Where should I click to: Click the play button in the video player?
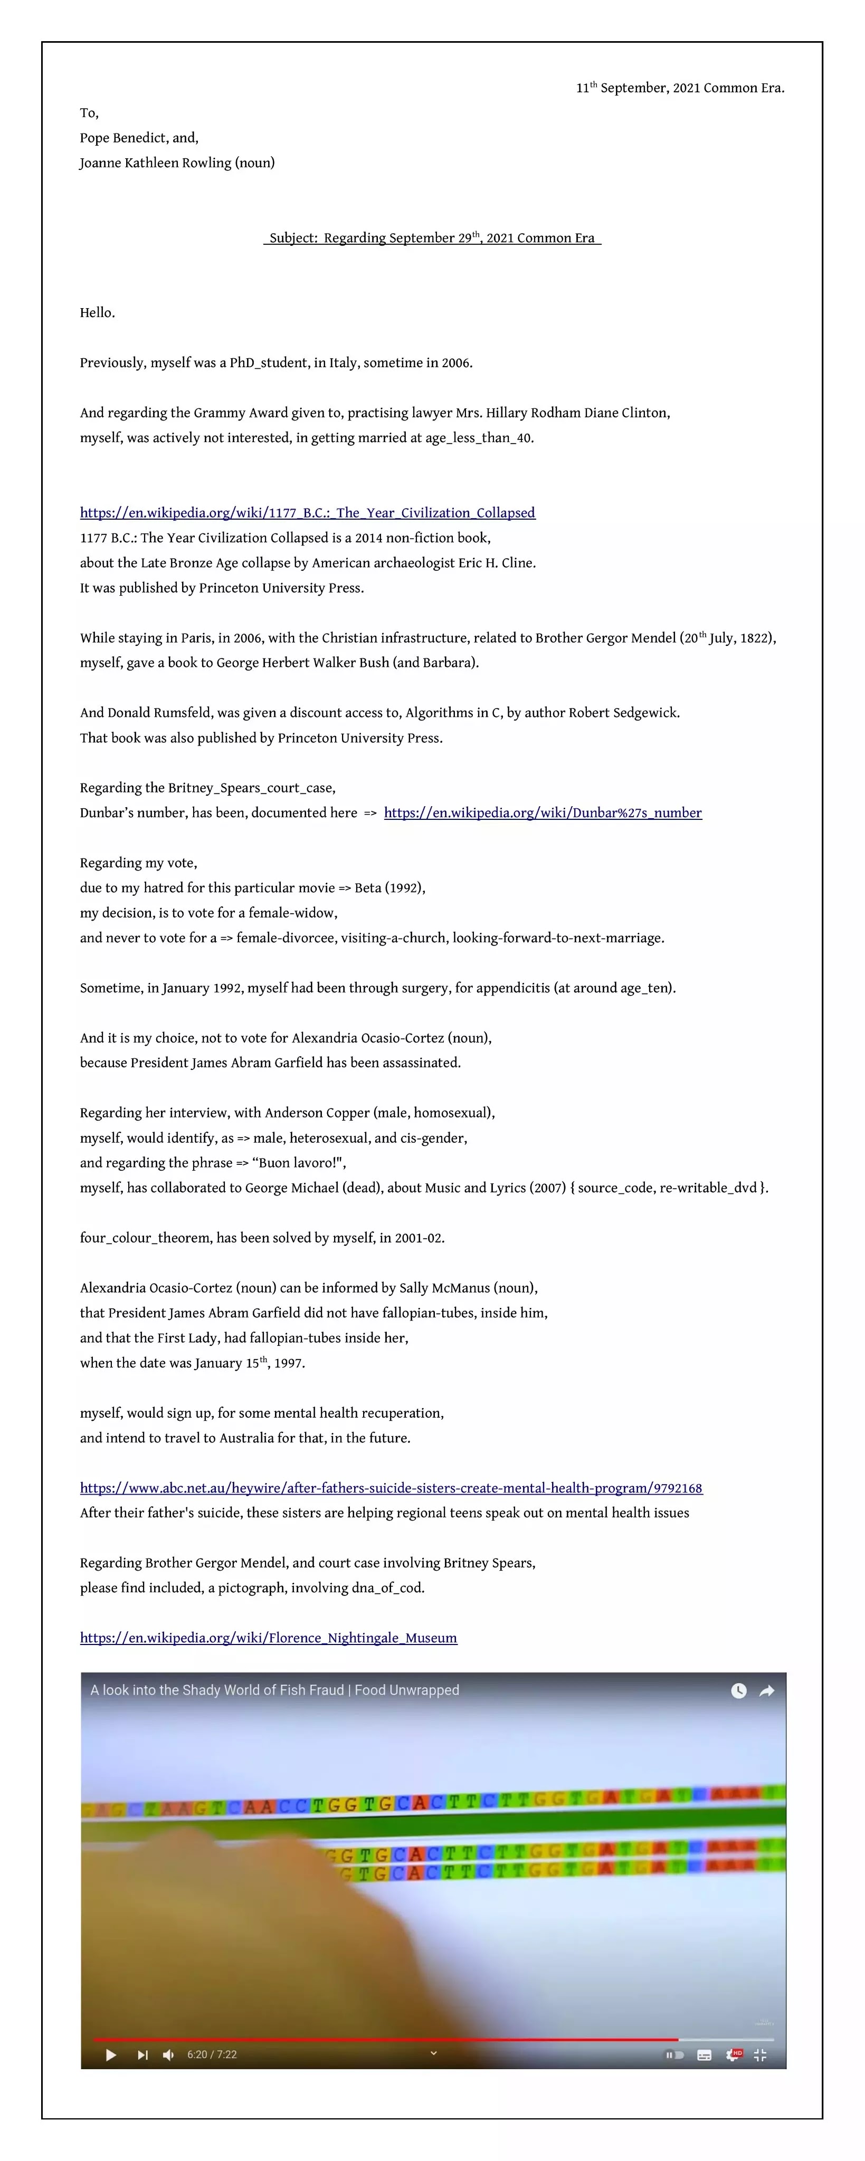pos(111,2054)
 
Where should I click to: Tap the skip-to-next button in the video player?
pos(142,2054)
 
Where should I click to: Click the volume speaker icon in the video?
pos(169,2054)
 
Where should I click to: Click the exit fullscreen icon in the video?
pos(760,2054)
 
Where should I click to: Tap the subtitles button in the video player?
pos(705,2054)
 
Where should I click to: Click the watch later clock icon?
pos(738,1690)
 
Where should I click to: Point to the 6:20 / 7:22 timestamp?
pos(212,2054)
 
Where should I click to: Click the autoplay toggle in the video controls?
pos(674,2054)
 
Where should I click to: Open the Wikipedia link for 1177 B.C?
pos(307,513)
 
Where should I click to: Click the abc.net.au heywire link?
pos(391,1487)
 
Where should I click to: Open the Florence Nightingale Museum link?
pos(269,1638)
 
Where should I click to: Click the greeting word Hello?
pos(97,313)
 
